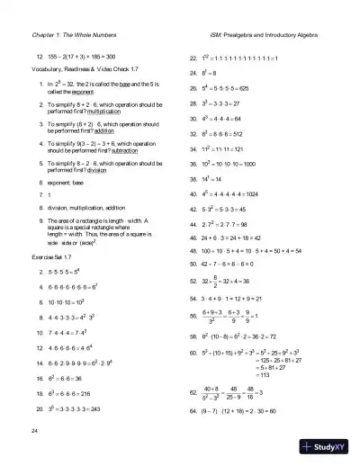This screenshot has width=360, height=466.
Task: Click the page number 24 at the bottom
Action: tap(33, 433)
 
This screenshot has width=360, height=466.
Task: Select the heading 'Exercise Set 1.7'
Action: tap(51, 257)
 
